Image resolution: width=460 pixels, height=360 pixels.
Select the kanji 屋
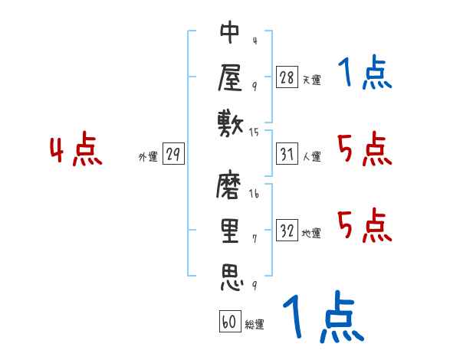(x=230, y=77)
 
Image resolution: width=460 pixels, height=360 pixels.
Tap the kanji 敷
(x=230, y=122)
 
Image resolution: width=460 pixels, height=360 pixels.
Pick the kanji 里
(x=230, y=231)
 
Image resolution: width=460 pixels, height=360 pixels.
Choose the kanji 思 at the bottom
(x=230, y=277)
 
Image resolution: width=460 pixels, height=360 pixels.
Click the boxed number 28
(x=287, y=77)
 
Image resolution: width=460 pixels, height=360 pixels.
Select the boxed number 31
(x=287, y=155)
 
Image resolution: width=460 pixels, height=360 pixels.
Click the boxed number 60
(x=229, y=322)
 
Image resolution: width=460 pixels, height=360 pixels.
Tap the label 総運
(x=255, y=325)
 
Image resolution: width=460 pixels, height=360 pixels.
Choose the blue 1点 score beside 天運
(x=363, y=74)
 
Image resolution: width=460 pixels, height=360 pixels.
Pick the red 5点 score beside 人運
(x=365, y=149)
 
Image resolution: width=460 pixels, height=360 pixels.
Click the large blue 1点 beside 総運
(x=322, y=317)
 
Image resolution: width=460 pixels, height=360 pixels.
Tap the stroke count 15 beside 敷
(x=255, y=132)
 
